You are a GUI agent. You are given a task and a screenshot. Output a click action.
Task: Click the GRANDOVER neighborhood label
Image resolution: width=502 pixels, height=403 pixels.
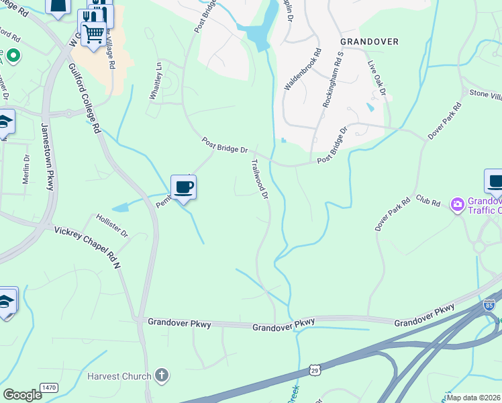tap(369, 42)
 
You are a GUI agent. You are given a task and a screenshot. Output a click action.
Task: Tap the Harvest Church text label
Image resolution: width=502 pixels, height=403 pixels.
tap(119, 376)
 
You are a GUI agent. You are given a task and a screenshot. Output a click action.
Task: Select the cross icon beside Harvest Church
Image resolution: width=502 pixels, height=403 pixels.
tap(161, 375)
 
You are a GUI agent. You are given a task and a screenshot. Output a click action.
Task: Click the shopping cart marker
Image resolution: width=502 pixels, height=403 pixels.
tap(94, 32)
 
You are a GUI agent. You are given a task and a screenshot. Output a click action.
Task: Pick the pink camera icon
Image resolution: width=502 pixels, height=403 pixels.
tap(458, 204)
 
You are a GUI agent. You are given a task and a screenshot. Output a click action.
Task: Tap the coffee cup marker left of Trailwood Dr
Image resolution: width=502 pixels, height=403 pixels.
tap(183, 187)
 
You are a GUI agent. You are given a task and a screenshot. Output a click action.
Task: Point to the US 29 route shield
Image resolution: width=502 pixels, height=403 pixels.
tap(314, 370)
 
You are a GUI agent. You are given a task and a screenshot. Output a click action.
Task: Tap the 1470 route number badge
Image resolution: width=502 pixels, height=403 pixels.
tap(49, 388)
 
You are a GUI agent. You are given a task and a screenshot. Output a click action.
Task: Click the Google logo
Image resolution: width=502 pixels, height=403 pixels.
tap(22, 394)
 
